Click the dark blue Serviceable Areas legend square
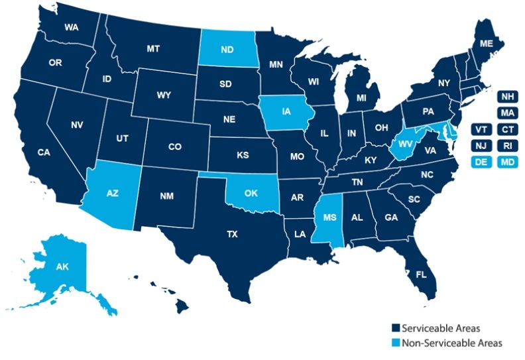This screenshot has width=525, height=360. pos(392,328)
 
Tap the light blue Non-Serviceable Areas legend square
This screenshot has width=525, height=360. pos(392,343)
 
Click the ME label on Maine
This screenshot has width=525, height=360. pos(487,43)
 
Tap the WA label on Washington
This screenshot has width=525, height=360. pos(72,28)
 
